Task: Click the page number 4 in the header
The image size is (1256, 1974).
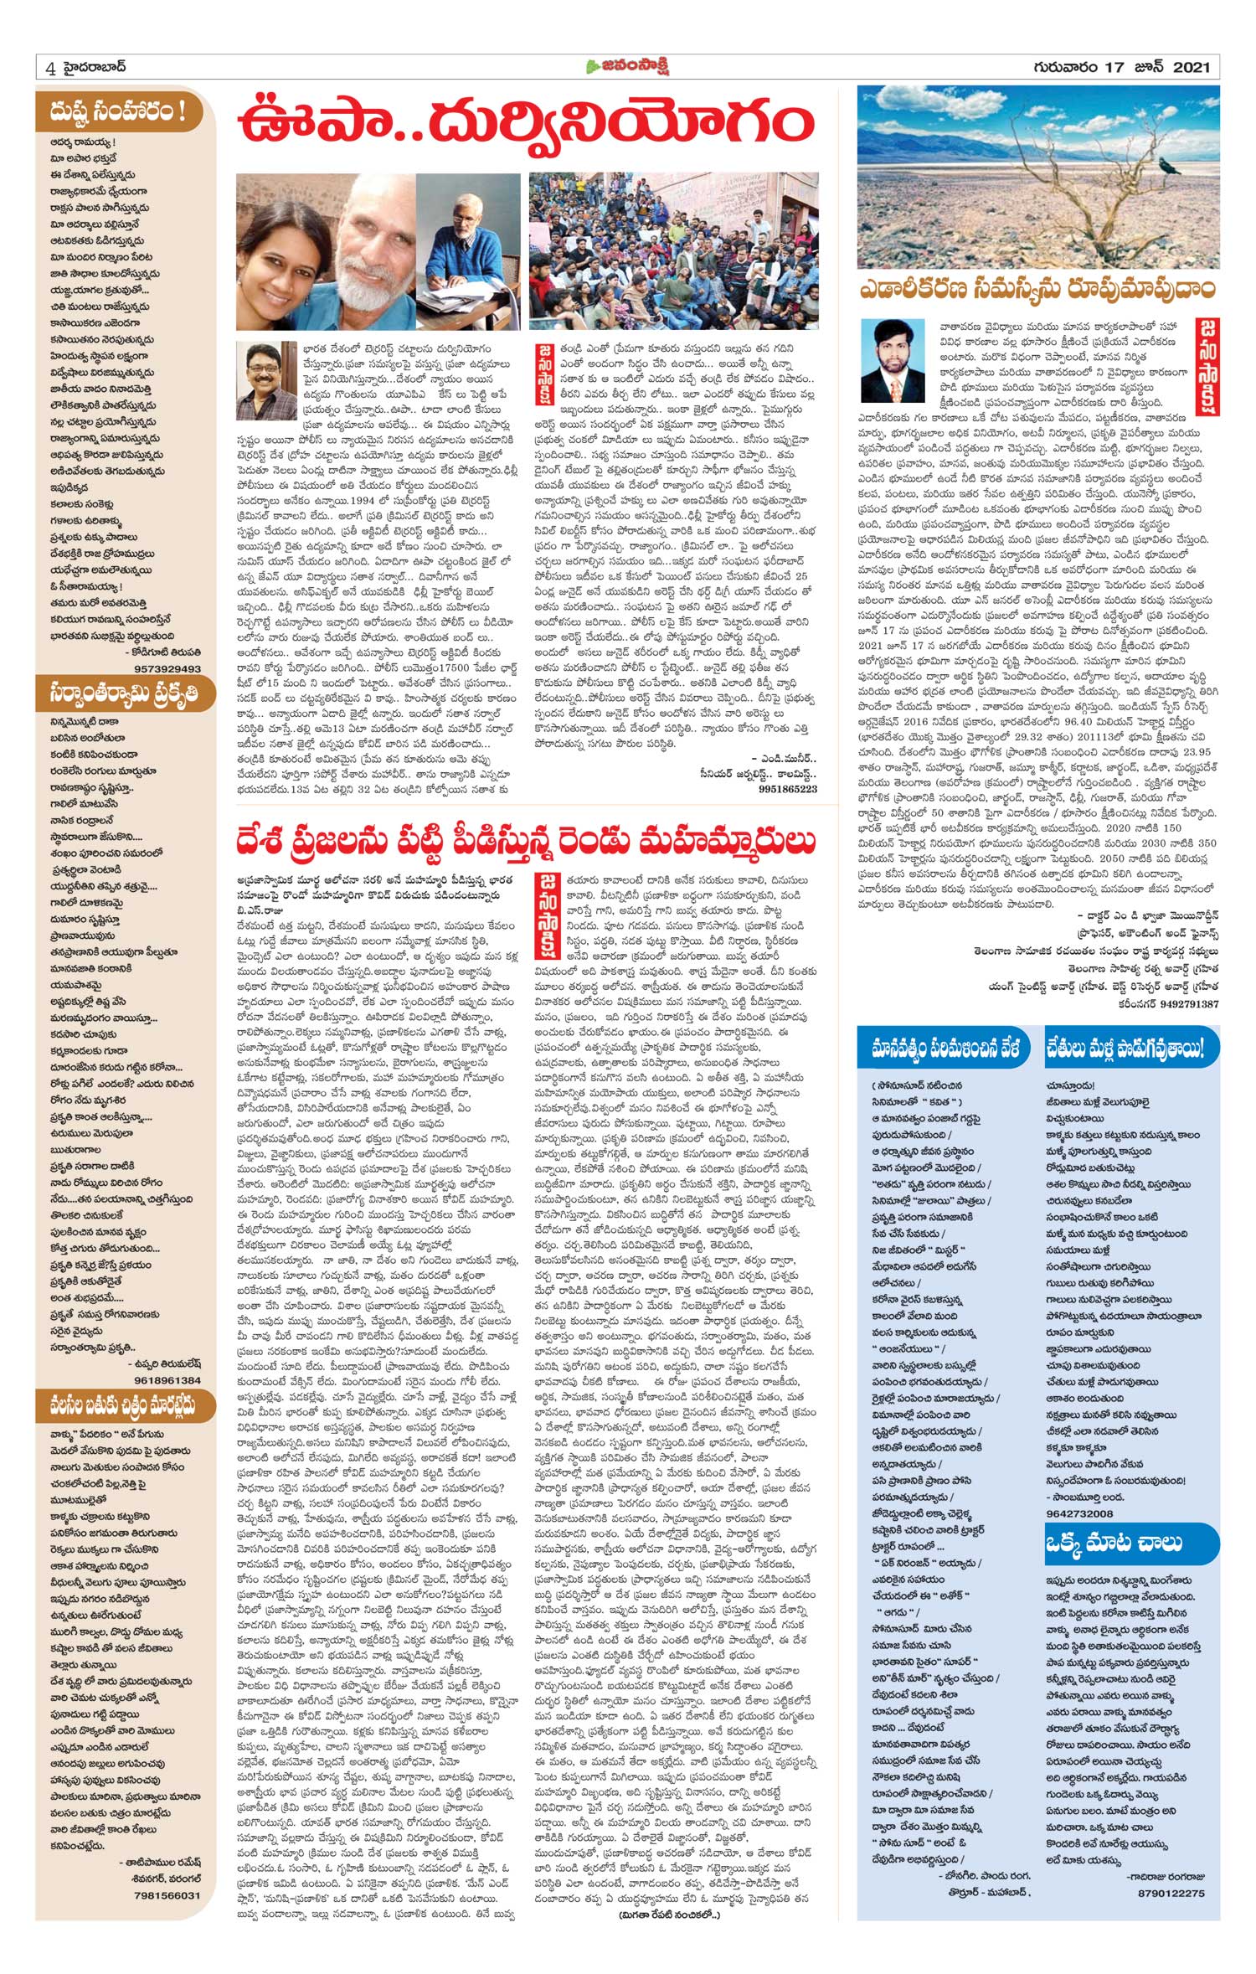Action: [x=51, y=69]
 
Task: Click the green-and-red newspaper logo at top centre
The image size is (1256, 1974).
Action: [x=627, y=67]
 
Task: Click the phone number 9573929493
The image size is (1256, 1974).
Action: [x=167, y=668]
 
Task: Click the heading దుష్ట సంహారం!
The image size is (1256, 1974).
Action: [x=118, y=111]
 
